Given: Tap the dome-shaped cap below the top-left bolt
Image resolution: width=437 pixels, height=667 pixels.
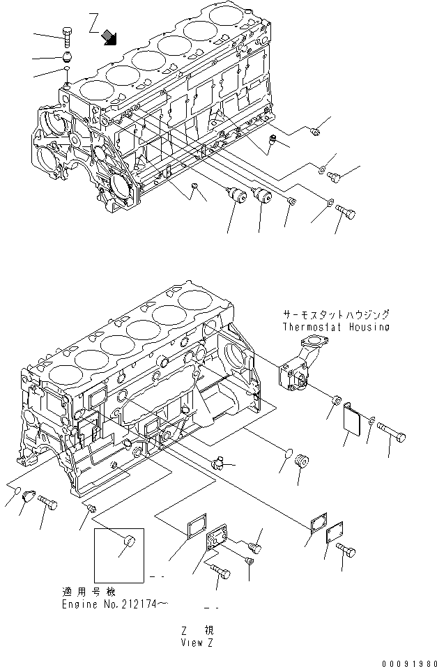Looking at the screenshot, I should click(x=66, y=55).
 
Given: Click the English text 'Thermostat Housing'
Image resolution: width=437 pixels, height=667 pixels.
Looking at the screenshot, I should click(x=336, y=327).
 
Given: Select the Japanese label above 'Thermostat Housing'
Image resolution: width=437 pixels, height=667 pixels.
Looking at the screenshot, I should click(x=336, y=315).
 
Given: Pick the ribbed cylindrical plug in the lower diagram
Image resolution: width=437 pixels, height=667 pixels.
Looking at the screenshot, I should click(x=302, y=462).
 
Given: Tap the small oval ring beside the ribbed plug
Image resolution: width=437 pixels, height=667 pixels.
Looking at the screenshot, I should click(x=284, y=457).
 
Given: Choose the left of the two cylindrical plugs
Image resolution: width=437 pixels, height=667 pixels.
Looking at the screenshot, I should click(x=237, y=197).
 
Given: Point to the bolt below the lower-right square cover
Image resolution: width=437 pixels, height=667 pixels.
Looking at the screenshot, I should click(x=345, y=550).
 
